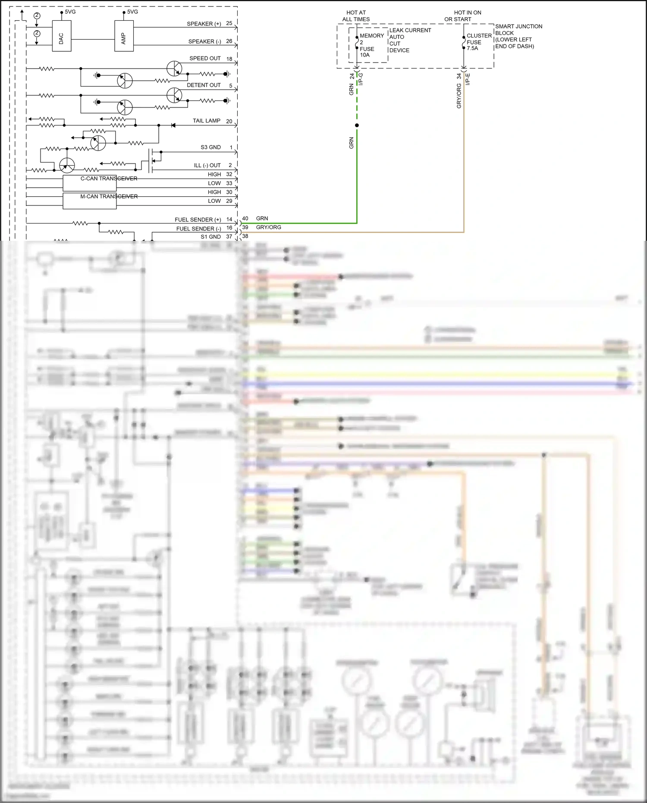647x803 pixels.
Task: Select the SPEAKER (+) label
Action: coord(204,24)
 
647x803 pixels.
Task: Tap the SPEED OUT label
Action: coord(205,58)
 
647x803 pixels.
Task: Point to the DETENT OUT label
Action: coord(204,85)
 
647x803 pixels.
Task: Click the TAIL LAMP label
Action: coord(206,121)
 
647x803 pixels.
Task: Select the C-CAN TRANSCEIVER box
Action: coord(90,183)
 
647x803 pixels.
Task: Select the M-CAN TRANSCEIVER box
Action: coord(90,201)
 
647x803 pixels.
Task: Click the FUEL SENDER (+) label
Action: coord(198,220)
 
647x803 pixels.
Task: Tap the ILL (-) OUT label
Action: coord(207,165)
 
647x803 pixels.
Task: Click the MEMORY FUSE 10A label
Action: coord(370,45)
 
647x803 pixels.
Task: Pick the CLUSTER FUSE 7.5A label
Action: coord(478,42)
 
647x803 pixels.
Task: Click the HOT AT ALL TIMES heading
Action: coord(356,16)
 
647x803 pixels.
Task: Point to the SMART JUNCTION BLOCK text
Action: coord(518,36)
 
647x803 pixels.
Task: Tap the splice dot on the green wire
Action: coord(357,126)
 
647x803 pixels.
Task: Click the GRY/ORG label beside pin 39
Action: coord(268,227)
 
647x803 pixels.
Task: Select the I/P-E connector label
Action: coord(468,79)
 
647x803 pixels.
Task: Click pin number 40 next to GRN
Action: coord(245,218)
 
